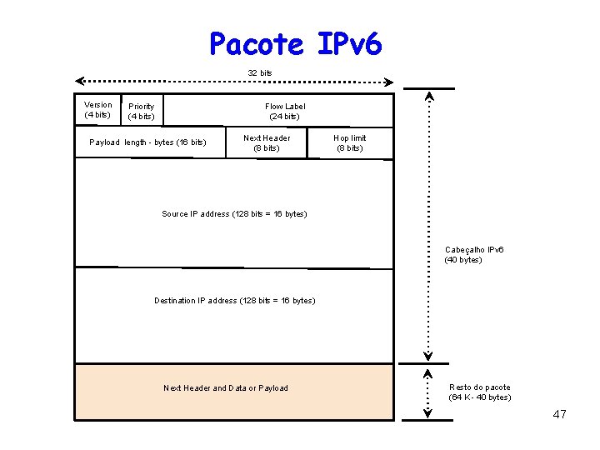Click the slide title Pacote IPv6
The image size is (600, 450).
click(296, 43)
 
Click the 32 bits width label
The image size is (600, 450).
click(260, 73)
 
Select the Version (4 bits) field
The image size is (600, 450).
click(97, 110)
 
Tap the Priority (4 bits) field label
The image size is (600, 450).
click(141, 111)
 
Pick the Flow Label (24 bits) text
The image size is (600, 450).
click(285, 111)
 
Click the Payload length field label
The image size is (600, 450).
click(147, 142)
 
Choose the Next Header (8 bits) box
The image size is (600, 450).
click(267, 142)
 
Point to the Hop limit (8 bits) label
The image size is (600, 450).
click(349, 142)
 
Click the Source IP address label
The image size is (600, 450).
click(234, 214)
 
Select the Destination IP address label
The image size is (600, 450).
click(234, 301)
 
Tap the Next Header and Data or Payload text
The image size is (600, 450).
click(226, 388)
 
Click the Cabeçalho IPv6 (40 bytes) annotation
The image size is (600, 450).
click(474, 255)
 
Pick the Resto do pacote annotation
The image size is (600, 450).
click(479, 392)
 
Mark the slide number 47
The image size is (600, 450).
click(559, 415)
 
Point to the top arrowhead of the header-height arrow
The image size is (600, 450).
click(428, 96)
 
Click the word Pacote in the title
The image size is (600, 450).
click(257, 43)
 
